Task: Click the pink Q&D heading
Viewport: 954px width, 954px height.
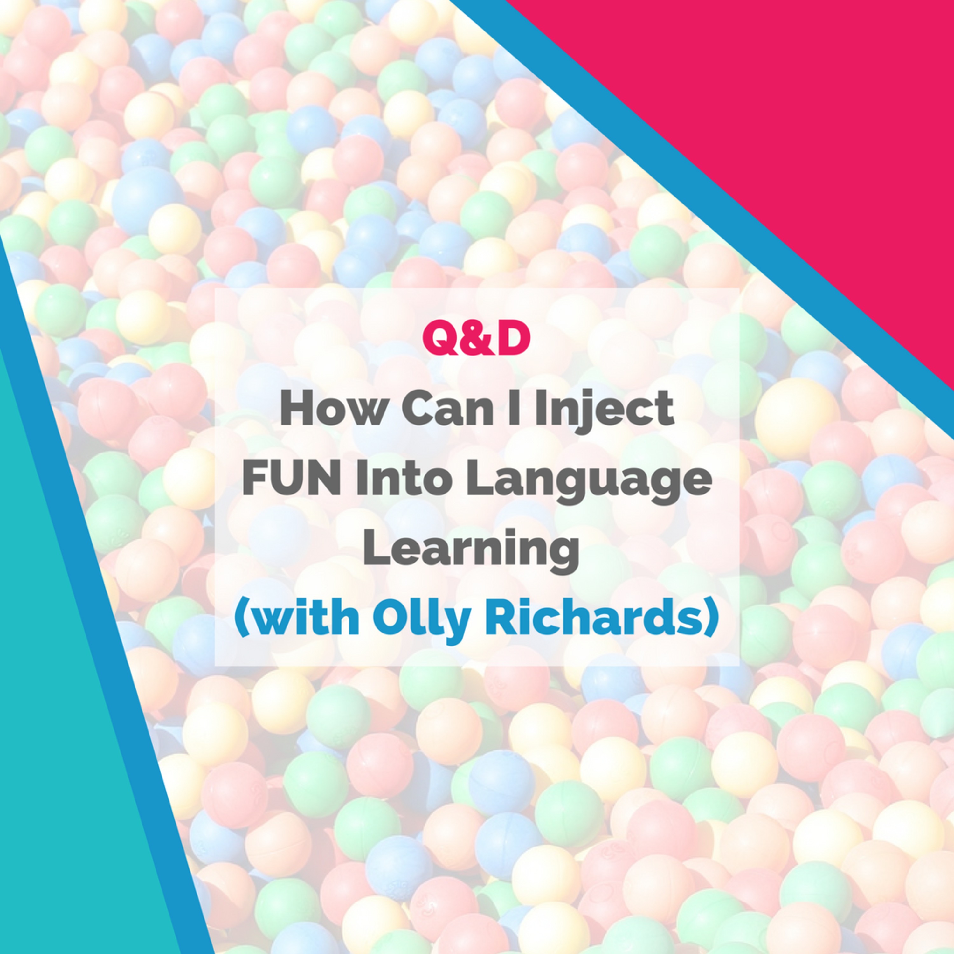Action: pos(476,338)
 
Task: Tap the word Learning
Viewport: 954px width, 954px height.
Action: pos(471,551)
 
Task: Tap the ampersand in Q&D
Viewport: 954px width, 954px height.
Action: pos(476,338)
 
